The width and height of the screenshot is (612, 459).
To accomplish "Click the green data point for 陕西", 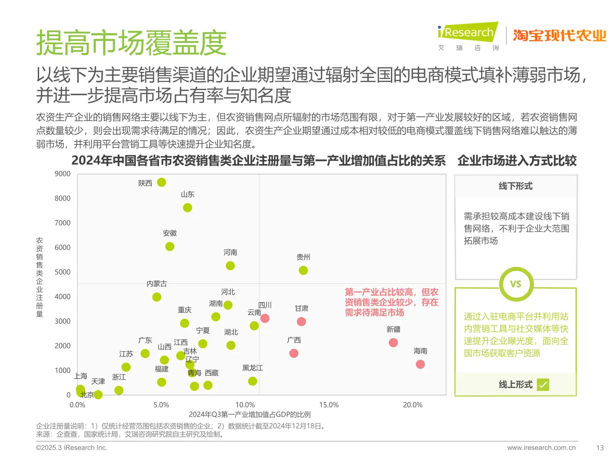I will coord(161,182).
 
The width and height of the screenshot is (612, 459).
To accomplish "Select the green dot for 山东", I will coord(187,208).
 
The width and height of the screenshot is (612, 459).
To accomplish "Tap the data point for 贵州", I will coord(303,270).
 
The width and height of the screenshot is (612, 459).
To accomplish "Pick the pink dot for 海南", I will coord(420,364).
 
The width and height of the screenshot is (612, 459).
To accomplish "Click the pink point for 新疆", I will coord(394,343).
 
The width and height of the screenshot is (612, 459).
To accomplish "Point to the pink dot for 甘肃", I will coord(301,322).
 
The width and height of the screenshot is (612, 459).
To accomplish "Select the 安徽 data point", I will coord(170,246).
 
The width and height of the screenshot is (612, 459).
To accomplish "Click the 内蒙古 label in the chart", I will coord(156,283).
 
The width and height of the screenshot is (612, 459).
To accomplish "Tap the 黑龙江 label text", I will coord(252,368).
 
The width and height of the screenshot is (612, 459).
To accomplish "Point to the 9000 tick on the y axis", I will coord(62,174).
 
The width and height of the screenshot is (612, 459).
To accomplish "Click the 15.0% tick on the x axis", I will coord(329,405).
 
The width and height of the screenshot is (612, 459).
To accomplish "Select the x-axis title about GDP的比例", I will coord(249,414).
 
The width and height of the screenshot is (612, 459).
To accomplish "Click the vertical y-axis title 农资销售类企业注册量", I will coord(40,277).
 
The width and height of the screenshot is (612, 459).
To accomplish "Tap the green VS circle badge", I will coord(516,284).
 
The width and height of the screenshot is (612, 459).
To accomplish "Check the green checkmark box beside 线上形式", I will coord(543,385).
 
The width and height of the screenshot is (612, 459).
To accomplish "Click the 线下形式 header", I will coord(516,186).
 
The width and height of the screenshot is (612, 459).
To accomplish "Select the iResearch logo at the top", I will coord(467,33).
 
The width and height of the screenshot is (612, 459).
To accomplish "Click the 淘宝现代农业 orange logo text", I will coord(559,36).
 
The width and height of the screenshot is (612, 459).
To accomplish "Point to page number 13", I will coord(600,448).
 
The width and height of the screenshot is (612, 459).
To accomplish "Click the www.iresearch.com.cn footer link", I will coord(541,448).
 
